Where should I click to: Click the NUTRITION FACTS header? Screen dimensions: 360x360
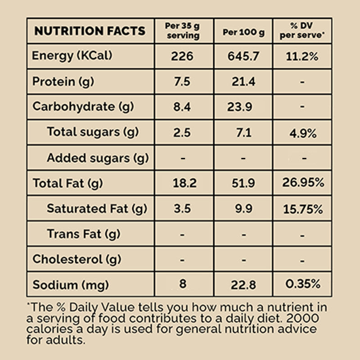90,31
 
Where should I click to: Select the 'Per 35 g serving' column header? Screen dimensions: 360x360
183,31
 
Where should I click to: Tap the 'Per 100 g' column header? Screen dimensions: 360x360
243,32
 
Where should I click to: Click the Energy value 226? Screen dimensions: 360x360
182,57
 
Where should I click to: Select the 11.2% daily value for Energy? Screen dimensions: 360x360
302,57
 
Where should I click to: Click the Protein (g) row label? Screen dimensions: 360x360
63,82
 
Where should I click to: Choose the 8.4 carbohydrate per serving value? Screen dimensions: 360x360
182,107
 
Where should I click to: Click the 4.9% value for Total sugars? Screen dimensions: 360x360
302,133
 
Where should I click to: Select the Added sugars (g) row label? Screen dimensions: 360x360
98,158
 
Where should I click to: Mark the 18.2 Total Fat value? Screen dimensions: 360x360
182,183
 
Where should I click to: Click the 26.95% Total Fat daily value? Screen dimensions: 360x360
302,183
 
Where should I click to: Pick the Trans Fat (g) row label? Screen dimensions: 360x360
83,234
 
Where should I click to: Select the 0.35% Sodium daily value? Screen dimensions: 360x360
302,284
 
